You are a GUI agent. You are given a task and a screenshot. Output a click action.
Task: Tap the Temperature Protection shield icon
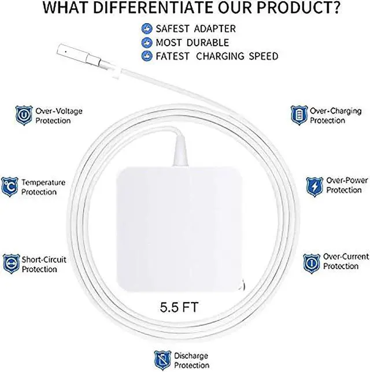pos(10,187)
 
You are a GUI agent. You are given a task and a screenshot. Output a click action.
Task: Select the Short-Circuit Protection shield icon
pos(11,263)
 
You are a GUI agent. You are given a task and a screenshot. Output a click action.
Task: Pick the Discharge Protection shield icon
pos(162,359)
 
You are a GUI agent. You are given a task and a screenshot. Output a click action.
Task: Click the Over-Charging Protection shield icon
pos(298,115)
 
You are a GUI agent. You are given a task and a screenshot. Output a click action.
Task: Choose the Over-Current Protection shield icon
pos(312,262)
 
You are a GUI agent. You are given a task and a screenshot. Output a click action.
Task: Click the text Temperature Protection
pos(43,187)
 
